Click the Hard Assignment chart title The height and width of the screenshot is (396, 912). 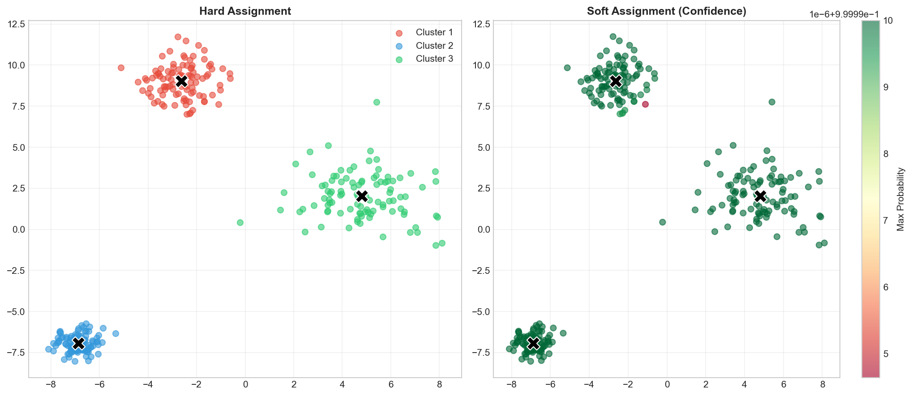coord(245,11)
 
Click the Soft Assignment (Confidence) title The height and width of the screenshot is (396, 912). coord(666,11)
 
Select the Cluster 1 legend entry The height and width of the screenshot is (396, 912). coord(434,32)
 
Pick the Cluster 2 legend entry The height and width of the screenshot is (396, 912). coord(434,46)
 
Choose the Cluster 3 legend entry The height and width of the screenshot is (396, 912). coord(434,59)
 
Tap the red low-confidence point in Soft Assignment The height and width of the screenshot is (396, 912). coord(645,104)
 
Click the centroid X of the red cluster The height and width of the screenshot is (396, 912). coord(181,81)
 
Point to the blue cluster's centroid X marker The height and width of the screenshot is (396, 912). coord(78,343)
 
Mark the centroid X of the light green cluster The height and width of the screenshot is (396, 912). coord(362,196)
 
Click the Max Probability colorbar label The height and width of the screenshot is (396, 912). coord(901,199)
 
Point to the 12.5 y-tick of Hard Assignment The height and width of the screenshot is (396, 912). coord(16,24)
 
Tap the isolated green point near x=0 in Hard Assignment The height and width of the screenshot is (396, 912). coord(240,222)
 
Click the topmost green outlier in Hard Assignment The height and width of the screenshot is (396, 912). coord(377,102)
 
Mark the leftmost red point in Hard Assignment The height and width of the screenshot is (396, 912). coord(121,68)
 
